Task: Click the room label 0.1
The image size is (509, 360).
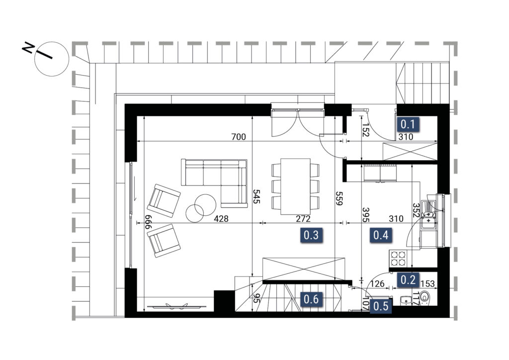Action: point(408,124)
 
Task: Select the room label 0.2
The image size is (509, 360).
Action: point(408,279)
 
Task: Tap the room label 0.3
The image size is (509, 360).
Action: point(311,234)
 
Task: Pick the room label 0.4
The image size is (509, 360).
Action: point(381,234)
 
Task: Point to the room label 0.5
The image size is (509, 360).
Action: point(381,306)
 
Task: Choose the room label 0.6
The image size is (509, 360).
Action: point(311,299)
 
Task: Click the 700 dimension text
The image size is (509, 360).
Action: point(239,137)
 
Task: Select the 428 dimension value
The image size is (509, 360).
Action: point(221,218)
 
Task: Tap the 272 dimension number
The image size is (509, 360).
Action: point(303,218)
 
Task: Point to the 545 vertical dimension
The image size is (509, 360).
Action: point(256,196)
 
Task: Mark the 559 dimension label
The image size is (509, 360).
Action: point(339,198)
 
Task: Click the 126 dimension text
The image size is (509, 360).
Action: point(378,284)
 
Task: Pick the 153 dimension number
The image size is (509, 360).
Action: point(427,284)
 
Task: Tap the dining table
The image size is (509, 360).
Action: point(295,186)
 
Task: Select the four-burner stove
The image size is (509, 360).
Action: point(398,258)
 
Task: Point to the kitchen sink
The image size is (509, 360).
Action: point(428,215)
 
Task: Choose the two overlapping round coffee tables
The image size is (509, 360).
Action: point(201,208)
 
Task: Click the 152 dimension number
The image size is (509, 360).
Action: point(366,129)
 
